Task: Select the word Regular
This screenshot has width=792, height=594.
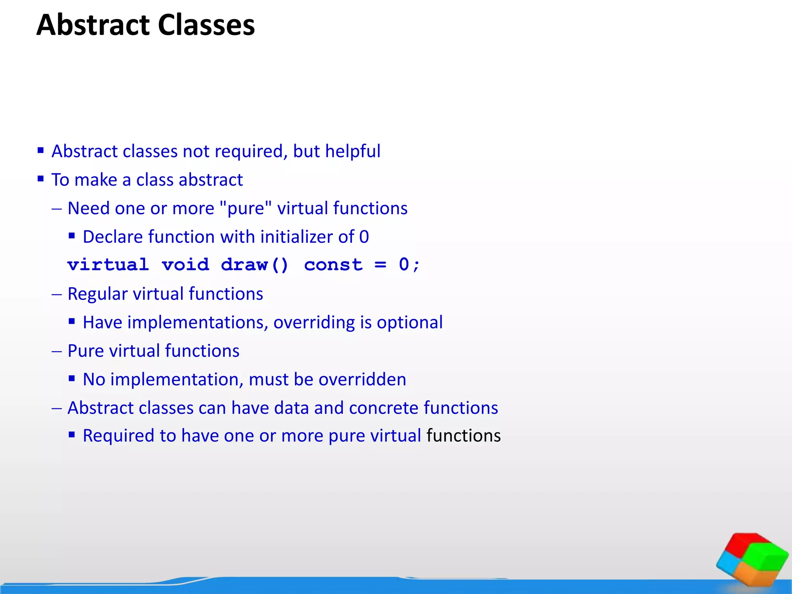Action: [x=97, y=294]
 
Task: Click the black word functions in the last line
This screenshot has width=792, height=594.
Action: [x=463, y=436]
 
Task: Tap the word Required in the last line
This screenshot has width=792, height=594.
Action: [x=119, y=436]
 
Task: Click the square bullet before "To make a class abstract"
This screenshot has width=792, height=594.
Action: [x=41, y=179]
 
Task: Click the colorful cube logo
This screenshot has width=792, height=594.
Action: [x=752, y=559]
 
